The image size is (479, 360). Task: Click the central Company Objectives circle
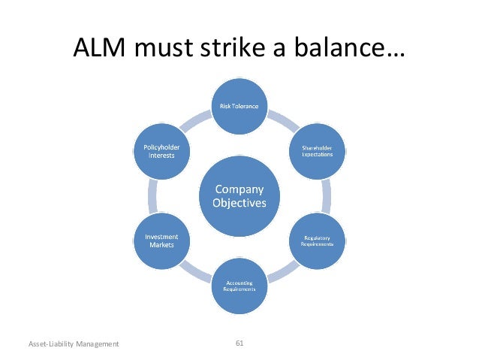click(x=239, y=196)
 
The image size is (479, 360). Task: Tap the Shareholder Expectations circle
click(x=317, y=151)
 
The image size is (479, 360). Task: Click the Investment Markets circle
click(x=161, y=241)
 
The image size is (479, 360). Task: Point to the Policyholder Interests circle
click(x=161, y=151)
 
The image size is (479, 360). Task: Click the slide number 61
click(x=239, y=343)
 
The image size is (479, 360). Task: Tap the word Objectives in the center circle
click(x=239, y=204)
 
